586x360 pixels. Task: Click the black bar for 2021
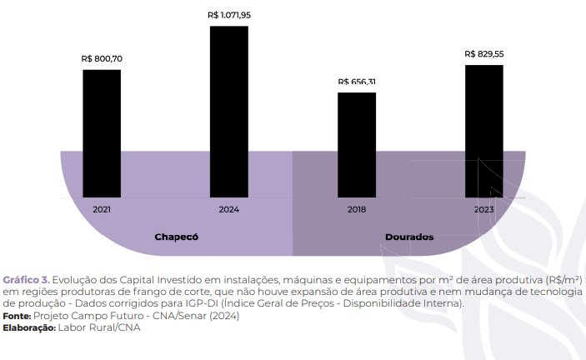click(x=102, y=133)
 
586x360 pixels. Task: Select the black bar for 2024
click(x=229, y=112)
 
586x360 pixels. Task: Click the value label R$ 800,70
click(x=102, y=59)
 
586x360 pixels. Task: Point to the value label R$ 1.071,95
click(x=229, y=15)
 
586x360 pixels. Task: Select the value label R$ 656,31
click(x=357, y=82)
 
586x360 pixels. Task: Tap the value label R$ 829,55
click(x=484, y=53)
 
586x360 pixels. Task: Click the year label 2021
click(x=102, y=209)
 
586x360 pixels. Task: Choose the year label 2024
click(x=229, y=209)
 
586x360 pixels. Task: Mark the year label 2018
click(x=357, y=209)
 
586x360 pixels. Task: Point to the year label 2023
click(x=484, y=209)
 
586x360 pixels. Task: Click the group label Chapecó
click(x=176, y=237)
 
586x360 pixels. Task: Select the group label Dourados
click(x=409, y=237)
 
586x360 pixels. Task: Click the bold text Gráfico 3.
click(x=27, y=279)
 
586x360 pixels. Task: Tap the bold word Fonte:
click(x=17, y=316)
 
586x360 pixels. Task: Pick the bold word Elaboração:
click(x=29, y=327)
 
